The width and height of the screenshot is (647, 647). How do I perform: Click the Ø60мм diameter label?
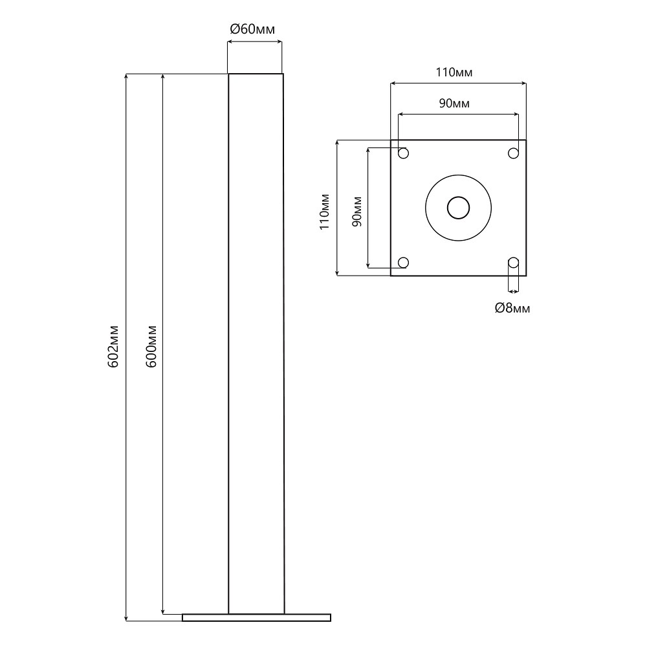click(252, 29)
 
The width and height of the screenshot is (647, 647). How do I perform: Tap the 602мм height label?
click(113, 346)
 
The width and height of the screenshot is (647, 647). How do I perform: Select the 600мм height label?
click(151, 346)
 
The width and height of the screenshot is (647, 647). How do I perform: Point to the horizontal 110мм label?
click(454, 72)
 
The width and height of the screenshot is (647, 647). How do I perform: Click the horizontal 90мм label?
click(454, 103)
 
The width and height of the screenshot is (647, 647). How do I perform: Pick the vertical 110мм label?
click(325, 212)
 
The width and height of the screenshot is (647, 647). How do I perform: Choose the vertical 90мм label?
click(357, 212)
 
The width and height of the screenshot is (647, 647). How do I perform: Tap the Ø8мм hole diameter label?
click(512, 308)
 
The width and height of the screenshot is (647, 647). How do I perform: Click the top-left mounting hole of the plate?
click(403, 153)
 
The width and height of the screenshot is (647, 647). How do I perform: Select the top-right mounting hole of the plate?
click(513, 153)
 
